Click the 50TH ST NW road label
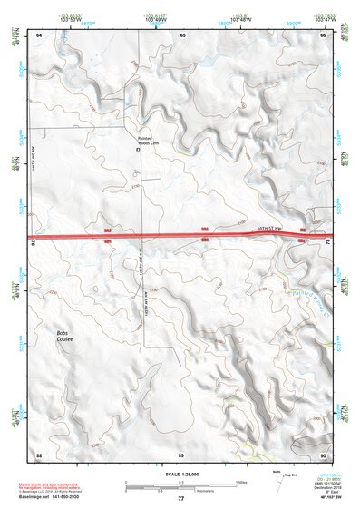pos(271,228)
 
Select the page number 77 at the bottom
pos(180,498)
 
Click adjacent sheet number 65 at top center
pos(182,34)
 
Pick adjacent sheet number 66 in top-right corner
pos(322,34)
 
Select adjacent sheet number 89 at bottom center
pos(181,453)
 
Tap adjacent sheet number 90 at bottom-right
pos(322,453)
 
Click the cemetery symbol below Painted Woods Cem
pos(139,149)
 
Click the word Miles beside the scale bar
pos(239,481)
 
